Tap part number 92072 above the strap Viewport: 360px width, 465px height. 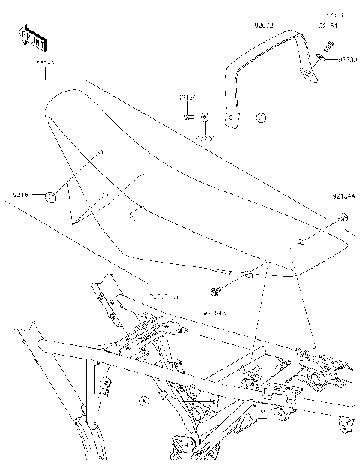coord(264,26)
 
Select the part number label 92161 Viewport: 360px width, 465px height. coord(21,196)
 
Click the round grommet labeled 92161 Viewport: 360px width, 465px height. coord(51,196)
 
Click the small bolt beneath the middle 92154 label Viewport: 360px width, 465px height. coord(187,116)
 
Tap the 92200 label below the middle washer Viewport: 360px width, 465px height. coord(205,138)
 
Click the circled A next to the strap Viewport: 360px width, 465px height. coord(260,118)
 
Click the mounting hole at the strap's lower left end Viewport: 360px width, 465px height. coord(232,115)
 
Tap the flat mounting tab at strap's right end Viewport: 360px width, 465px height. coord(305,73)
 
